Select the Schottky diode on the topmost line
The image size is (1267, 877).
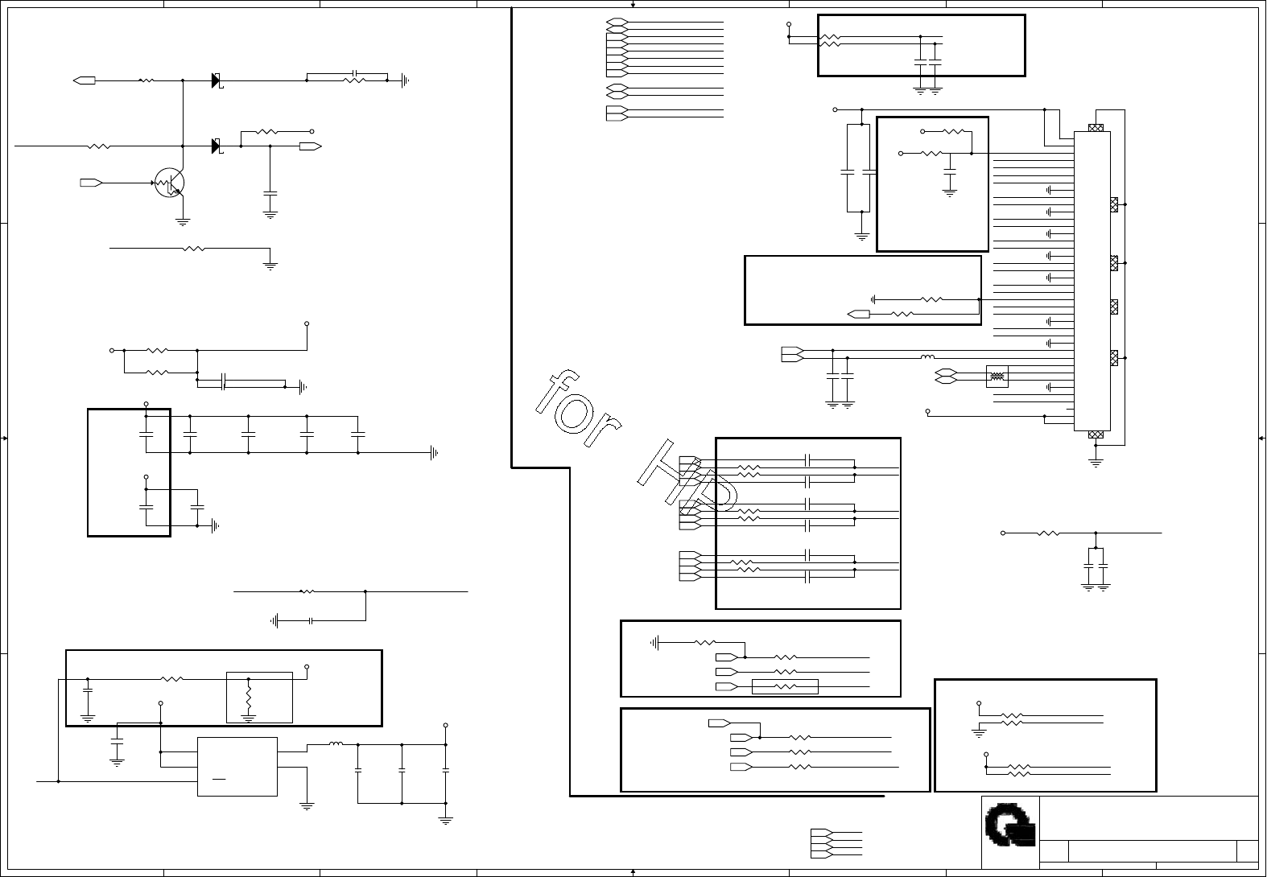click(x=217, y=80)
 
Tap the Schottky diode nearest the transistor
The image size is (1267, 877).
click(x=217, y=146)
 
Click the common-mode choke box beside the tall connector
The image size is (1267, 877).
click(x=997, y=376)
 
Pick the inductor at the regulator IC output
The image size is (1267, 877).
click(x=336, y=745)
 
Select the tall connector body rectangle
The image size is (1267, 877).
click(x=1092, y=281)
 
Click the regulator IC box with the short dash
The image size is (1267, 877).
click(x=237, y=767)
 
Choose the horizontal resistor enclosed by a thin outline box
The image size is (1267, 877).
click(x=785, y=686)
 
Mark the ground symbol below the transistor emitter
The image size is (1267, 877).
click(x=183, y=221)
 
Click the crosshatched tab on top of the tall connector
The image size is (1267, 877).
click(x=1095, y=128)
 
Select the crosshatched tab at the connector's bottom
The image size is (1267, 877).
click(x=1095, y=434)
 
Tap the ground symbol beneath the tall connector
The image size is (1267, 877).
click(x=1095, y=463)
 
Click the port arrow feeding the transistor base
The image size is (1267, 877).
click(x=91, y=183)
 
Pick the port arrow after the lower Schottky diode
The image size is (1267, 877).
click(x=310, y=146)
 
